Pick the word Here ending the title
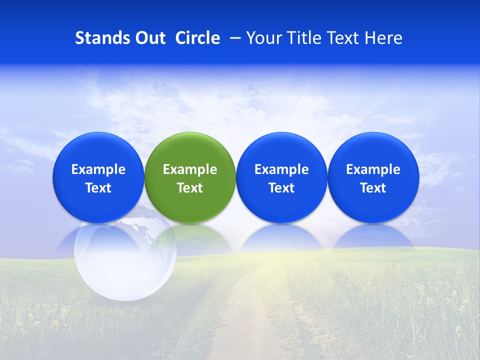384,38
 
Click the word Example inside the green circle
190,169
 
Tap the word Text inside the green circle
190,188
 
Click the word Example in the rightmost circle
373,169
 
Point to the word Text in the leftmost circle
98,188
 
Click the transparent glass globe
125,260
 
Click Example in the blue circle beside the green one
281,169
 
